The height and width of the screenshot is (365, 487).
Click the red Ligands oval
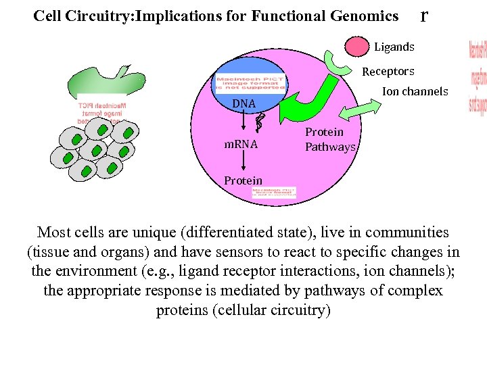click(x=358, y=47)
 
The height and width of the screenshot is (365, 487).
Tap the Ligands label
click(x=394, y=47)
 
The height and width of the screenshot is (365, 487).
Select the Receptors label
click(x=388, y=71)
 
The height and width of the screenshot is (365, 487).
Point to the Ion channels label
click(x=415, y=91)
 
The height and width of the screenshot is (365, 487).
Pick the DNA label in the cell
click(x=243, y=104)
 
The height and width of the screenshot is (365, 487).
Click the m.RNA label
click(x=241, y=145)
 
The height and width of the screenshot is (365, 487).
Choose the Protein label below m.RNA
click(x=243, y=180)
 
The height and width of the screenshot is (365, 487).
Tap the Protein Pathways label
click(x=329, y=139)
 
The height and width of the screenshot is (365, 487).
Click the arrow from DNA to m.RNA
click(x=244, y=122)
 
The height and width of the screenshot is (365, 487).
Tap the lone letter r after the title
click(x=423, y=15)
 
